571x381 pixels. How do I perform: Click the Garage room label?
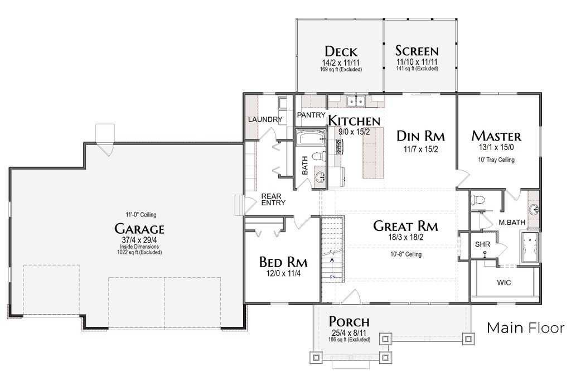(139, 229)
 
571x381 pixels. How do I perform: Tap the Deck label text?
(341, 51)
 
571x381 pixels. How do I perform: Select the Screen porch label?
(417, 51)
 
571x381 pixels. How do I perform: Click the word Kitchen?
(354, 120)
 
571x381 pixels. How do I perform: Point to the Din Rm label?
(420, 136)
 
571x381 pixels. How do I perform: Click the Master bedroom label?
(496, 136)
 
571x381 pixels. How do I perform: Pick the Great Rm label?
(406, 226)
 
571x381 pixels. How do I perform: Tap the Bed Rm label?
(283, 262)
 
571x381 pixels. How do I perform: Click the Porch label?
(349, 322)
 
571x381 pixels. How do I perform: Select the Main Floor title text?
(526, 328)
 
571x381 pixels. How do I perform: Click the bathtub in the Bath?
(311, 138)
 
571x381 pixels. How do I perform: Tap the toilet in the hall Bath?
(318, 156)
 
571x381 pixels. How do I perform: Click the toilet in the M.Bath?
(477, 200)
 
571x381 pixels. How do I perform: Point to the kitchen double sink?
(356, 101)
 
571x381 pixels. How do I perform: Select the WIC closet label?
(504, 283)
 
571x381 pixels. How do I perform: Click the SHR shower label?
(482, 244)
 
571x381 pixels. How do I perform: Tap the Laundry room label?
(265, 119)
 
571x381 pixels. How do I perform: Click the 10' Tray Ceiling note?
(496, 160)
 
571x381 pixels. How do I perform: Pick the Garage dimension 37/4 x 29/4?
(139, 240)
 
